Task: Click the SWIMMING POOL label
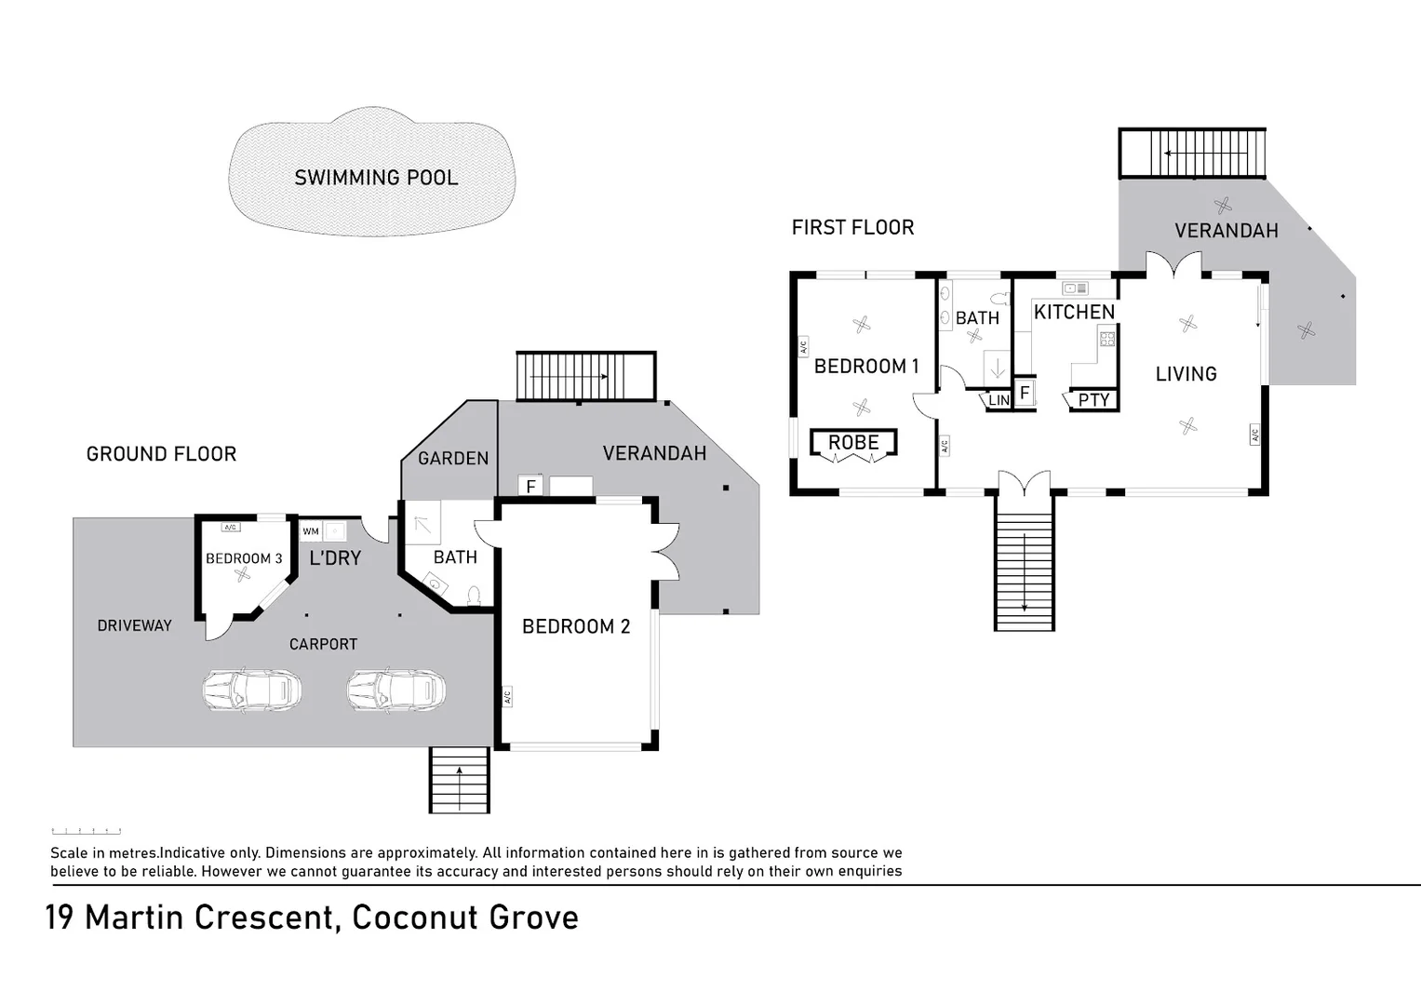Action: tap(376, 178)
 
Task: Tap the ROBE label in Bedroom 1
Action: tap(853, 443)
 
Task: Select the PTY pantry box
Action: tap(1093, 400)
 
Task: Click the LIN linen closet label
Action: tap(999, 400)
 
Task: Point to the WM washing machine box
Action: tap(311, 531)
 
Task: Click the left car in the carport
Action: tap(252, 690)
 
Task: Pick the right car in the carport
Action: tap(396, 690)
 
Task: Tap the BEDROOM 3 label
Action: tap(244, 558)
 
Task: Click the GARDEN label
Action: tap(453, 458)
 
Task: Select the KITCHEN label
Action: tap(1074, 312)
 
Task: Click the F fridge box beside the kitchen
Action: tap(1025, 393)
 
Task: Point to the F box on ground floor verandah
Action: tap(530, 486)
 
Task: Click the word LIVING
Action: tap(1186, 374)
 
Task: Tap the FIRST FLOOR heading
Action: tap(852, 227)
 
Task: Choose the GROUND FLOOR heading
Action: tap(161, 454)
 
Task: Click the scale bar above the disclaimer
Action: tap(86, 830)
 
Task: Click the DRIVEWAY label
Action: tap(134, 625)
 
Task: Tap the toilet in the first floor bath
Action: tap(999, 299)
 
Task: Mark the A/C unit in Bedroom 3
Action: tap(231, 528)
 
